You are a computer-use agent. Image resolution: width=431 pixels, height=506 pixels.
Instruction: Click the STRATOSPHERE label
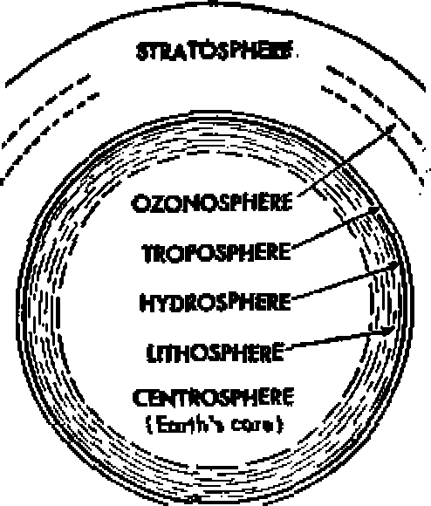pos(215,51)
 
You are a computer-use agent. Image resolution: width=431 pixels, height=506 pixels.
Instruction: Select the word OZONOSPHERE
pos(212,202)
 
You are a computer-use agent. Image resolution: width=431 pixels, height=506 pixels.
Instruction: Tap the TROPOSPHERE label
pos(216,252)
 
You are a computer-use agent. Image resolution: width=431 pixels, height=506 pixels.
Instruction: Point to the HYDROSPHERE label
pos(215,302)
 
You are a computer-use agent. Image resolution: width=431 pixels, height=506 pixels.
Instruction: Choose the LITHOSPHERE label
pos(215,352)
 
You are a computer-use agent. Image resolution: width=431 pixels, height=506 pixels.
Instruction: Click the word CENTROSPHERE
pos(214,398)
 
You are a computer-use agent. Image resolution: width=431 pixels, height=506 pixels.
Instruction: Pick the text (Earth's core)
pos(215,424)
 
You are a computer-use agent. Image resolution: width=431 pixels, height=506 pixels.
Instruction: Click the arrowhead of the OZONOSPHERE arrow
pos(390,127)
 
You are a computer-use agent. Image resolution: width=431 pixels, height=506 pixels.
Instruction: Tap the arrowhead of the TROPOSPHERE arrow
pos(374,210)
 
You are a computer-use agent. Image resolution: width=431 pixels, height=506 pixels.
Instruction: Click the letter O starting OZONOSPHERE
pos(140,203)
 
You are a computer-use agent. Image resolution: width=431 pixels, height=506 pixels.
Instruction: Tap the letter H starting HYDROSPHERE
pos(146,303)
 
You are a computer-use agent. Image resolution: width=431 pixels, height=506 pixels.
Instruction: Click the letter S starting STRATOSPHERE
pos(142,51)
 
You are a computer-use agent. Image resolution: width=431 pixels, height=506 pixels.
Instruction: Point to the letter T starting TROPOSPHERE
pos(148,253)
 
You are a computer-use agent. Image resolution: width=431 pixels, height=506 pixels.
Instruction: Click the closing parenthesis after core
pos(281,425)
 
